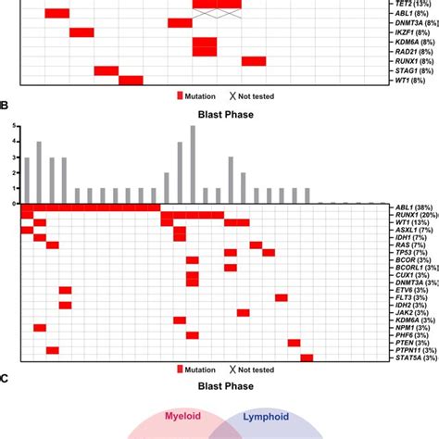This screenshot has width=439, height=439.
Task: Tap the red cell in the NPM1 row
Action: (40, 327)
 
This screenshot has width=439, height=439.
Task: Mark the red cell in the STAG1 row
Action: (107, 70)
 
